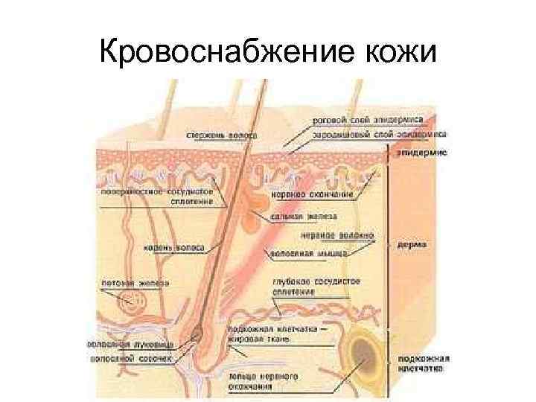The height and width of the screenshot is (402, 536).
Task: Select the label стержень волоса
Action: (222, 136)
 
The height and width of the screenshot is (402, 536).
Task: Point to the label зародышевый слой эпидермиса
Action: (379, 135)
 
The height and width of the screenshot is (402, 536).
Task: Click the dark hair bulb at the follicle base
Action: (197, 334)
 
